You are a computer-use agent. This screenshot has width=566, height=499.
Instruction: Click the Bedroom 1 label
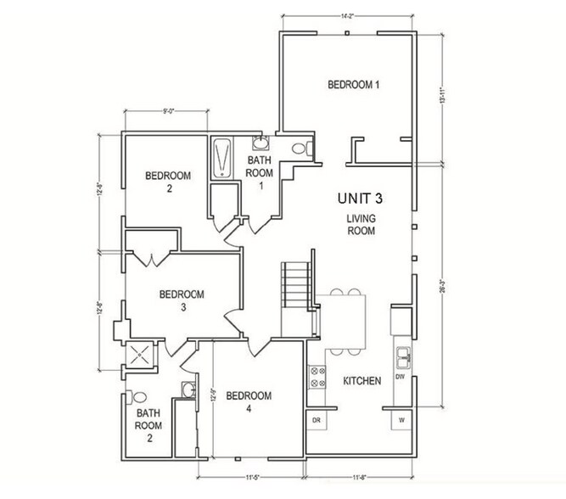coord(353,85)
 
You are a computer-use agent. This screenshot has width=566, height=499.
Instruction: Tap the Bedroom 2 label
coord(168,182)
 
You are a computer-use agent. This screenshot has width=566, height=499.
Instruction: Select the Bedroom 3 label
coord(182,300)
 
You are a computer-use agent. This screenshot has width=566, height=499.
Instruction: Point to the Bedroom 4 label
coord(249,401)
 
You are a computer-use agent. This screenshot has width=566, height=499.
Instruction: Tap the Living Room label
coord(361,224)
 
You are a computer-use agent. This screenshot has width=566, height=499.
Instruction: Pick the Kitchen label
coord(361,381)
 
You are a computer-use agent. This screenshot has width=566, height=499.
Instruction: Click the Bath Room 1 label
coord(261,171)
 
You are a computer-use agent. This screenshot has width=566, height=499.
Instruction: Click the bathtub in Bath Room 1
coord(223,157)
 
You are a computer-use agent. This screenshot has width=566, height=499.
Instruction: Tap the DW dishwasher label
coord(401,376)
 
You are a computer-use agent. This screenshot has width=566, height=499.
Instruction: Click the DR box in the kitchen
coord(316,420)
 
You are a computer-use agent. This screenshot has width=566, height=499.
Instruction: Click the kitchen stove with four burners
coord(318,376)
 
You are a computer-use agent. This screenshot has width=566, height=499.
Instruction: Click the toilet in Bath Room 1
coord(299,149)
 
